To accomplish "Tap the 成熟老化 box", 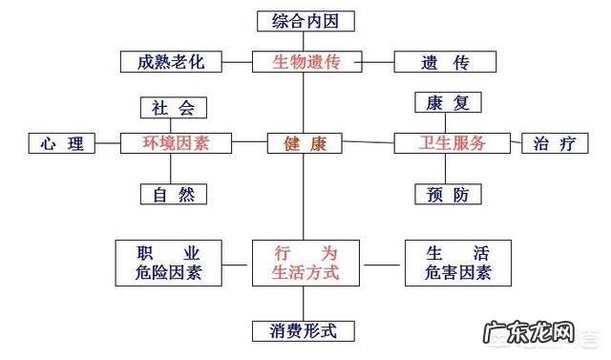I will coord(171,62).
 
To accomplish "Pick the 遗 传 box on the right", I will coord(446,62).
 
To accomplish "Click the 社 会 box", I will coord(173,107).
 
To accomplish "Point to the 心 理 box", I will coord(62,143).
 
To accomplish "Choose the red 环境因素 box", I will coord(173,143).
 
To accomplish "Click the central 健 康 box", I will coord(305,143).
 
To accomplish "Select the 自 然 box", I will coord(173,194).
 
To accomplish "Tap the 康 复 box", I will coord(448,102).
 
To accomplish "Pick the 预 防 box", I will coord(448,194).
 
